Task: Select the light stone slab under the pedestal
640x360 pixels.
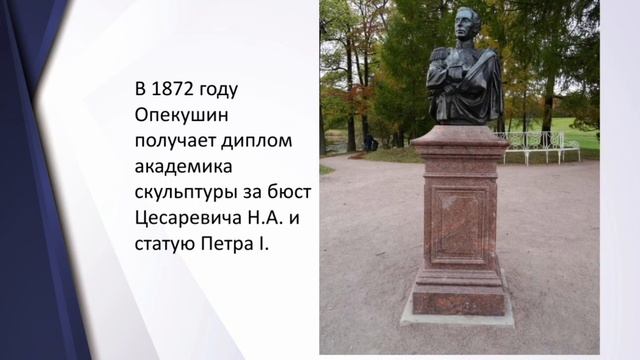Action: click(458, 317)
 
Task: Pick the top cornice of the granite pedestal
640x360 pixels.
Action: click(459, 136)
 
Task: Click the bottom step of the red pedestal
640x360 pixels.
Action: click(459, 301)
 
